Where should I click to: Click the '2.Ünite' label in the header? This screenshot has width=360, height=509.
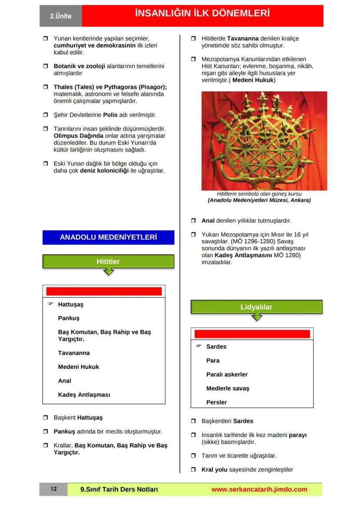[x=60, y=16]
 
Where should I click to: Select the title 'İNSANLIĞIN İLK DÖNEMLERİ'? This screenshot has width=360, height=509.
[x=202, y=14]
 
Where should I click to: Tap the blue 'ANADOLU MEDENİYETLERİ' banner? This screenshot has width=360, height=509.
[x=108, y=237]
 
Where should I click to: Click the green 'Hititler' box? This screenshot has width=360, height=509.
[x=108, y=261]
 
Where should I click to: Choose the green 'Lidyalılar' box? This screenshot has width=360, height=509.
[x=256, y=307]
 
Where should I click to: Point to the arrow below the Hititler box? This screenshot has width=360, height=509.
[x=109, y=272]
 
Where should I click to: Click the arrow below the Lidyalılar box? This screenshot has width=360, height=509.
[x=257, y=317]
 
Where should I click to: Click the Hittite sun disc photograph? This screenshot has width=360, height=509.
[x=264, y=140]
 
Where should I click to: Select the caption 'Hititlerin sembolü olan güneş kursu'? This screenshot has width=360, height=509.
[x=259, y=194]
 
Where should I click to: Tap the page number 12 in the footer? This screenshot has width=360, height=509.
[x=53, y=489]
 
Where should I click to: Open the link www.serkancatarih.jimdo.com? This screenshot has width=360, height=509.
[x=259, y=489]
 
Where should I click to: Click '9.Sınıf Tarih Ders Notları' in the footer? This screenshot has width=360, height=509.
[x=119, y=489]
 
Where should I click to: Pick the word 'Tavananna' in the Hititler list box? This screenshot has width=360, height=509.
[x=74, y=353]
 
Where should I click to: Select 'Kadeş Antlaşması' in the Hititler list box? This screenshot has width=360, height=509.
[x=84, y=395]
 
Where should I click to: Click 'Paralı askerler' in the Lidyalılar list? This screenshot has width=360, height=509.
[x=227, y=374]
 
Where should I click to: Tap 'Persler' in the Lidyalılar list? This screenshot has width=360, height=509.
[x=217, y=402]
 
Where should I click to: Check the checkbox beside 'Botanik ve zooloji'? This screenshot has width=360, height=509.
[x=45, y=67]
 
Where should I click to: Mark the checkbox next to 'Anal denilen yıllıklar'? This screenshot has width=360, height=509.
[x=193, y=221]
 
